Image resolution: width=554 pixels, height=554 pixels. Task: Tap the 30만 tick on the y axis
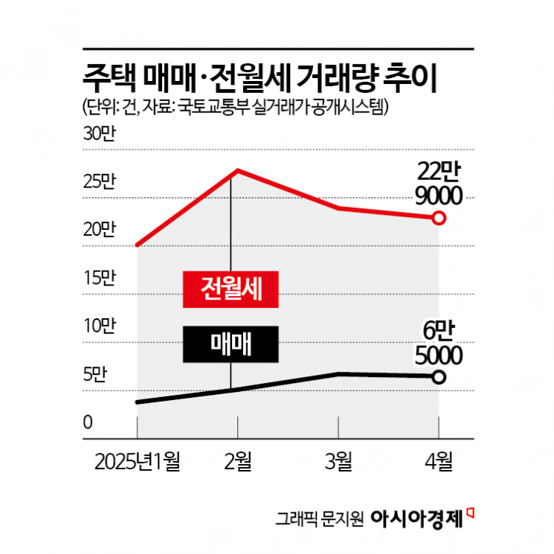[x=100, y=135]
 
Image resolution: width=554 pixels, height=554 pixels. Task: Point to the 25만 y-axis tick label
[x=100, y=183]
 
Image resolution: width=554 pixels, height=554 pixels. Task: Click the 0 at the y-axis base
[x=87, y=423]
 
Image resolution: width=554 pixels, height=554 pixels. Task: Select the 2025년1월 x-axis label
[x=138, y=462]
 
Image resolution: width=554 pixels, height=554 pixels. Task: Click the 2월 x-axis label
[x=237, y=462]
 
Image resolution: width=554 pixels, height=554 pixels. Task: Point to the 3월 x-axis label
[x=338, y=462]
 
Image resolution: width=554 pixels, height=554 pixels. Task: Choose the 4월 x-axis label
[x=439, y=462]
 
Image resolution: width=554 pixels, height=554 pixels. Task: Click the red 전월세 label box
[x=231, y=288]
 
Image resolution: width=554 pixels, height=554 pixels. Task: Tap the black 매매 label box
[x=231, y=344]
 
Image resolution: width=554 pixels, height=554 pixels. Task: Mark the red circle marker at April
[x=439, y=218]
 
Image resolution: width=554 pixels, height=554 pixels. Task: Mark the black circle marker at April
[x=439, y=376]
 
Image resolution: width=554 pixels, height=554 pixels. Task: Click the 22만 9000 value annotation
[x=439, y=184]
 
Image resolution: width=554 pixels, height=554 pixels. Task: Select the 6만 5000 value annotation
[x=439, y=343]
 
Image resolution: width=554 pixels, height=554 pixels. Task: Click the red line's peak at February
[x=237, y=170]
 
